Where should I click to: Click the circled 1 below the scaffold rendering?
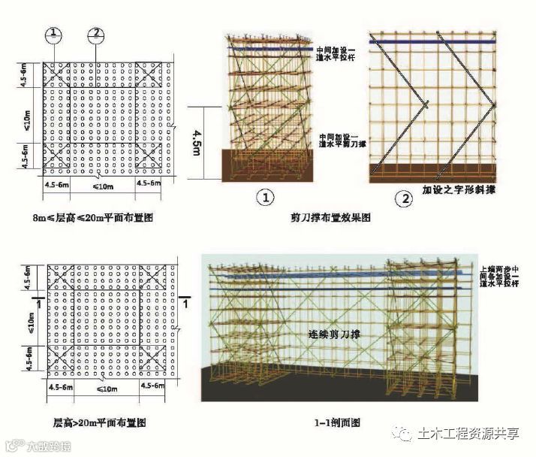coord(265,198)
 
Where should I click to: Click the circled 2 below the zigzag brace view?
coord(405,200)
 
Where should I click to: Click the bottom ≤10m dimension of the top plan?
coord(104,186)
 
